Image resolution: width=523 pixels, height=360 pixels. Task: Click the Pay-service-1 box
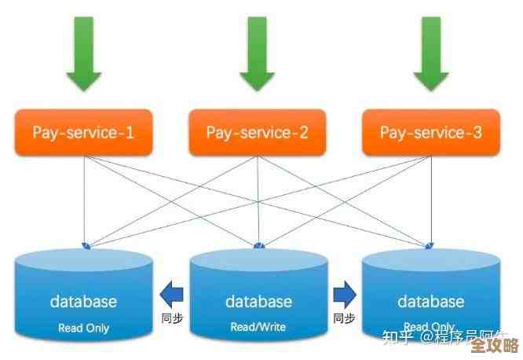tap(83, 132)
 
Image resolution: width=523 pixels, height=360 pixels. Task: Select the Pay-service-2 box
tap(257, 132)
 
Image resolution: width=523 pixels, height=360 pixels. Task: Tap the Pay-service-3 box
tap(431, 132)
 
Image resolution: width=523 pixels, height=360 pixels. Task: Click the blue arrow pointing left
tap(171, 295)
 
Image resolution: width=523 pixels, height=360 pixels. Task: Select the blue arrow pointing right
tap(344, 295)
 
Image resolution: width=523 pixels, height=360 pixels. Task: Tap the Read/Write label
tap(258, 327)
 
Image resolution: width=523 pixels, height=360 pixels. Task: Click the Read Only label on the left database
tap(83, 328)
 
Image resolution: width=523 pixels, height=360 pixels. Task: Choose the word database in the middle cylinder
tap(258, 301)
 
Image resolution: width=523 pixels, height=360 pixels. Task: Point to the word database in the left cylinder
tap(83, 301)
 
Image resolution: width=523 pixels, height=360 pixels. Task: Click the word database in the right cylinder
tap(431, 301)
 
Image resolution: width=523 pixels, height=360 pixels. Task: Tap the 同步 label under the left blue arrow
tap(171, 318)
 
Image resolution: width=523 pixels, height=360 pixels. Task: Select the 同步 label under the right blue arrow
tap(344, 318)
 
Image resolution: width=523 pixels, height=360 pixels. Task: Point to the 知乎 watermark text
tap(397, 339)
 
